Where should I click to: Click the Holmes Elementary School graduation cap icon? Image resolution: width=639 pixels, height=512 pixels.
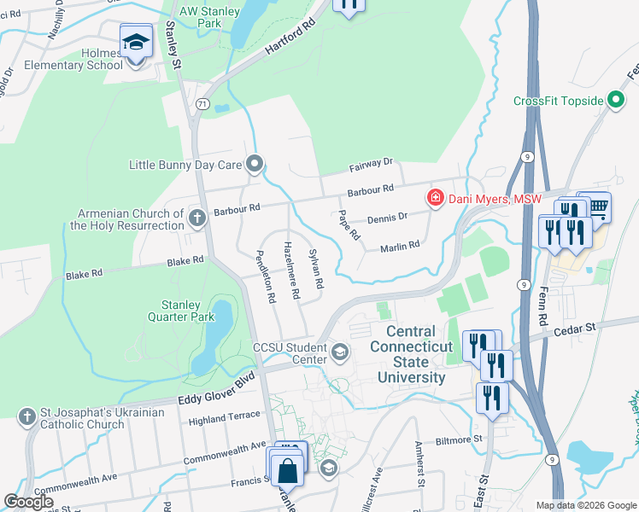click(136, 42)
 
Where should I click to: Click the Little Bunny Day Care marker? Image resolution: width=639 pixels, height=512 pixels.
click(254, 164)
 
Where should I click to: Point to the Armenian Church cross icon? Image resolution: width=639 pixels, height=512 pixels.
click(196, 218)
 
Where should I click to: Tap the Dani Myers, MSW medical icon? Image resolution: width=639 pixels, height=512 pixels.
click(435, 199)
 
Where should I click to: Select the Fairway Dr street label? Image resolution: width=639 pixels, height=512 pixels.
click(369, 161)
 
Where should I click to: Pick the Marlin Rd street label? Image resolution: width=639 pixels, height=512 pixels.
click(400, 246)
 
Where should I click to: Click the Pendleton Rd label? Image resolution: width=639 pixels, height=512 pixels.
click(267, 277)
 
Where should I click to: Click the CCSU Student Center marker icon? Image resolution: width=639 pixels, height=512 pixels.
click(339, 352)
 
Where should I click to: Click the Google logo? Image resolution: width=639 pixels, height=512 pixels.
click(28, 502)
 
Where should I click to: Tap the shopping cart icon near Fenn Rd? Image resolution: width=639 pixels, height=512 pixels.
click(599, 205)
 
